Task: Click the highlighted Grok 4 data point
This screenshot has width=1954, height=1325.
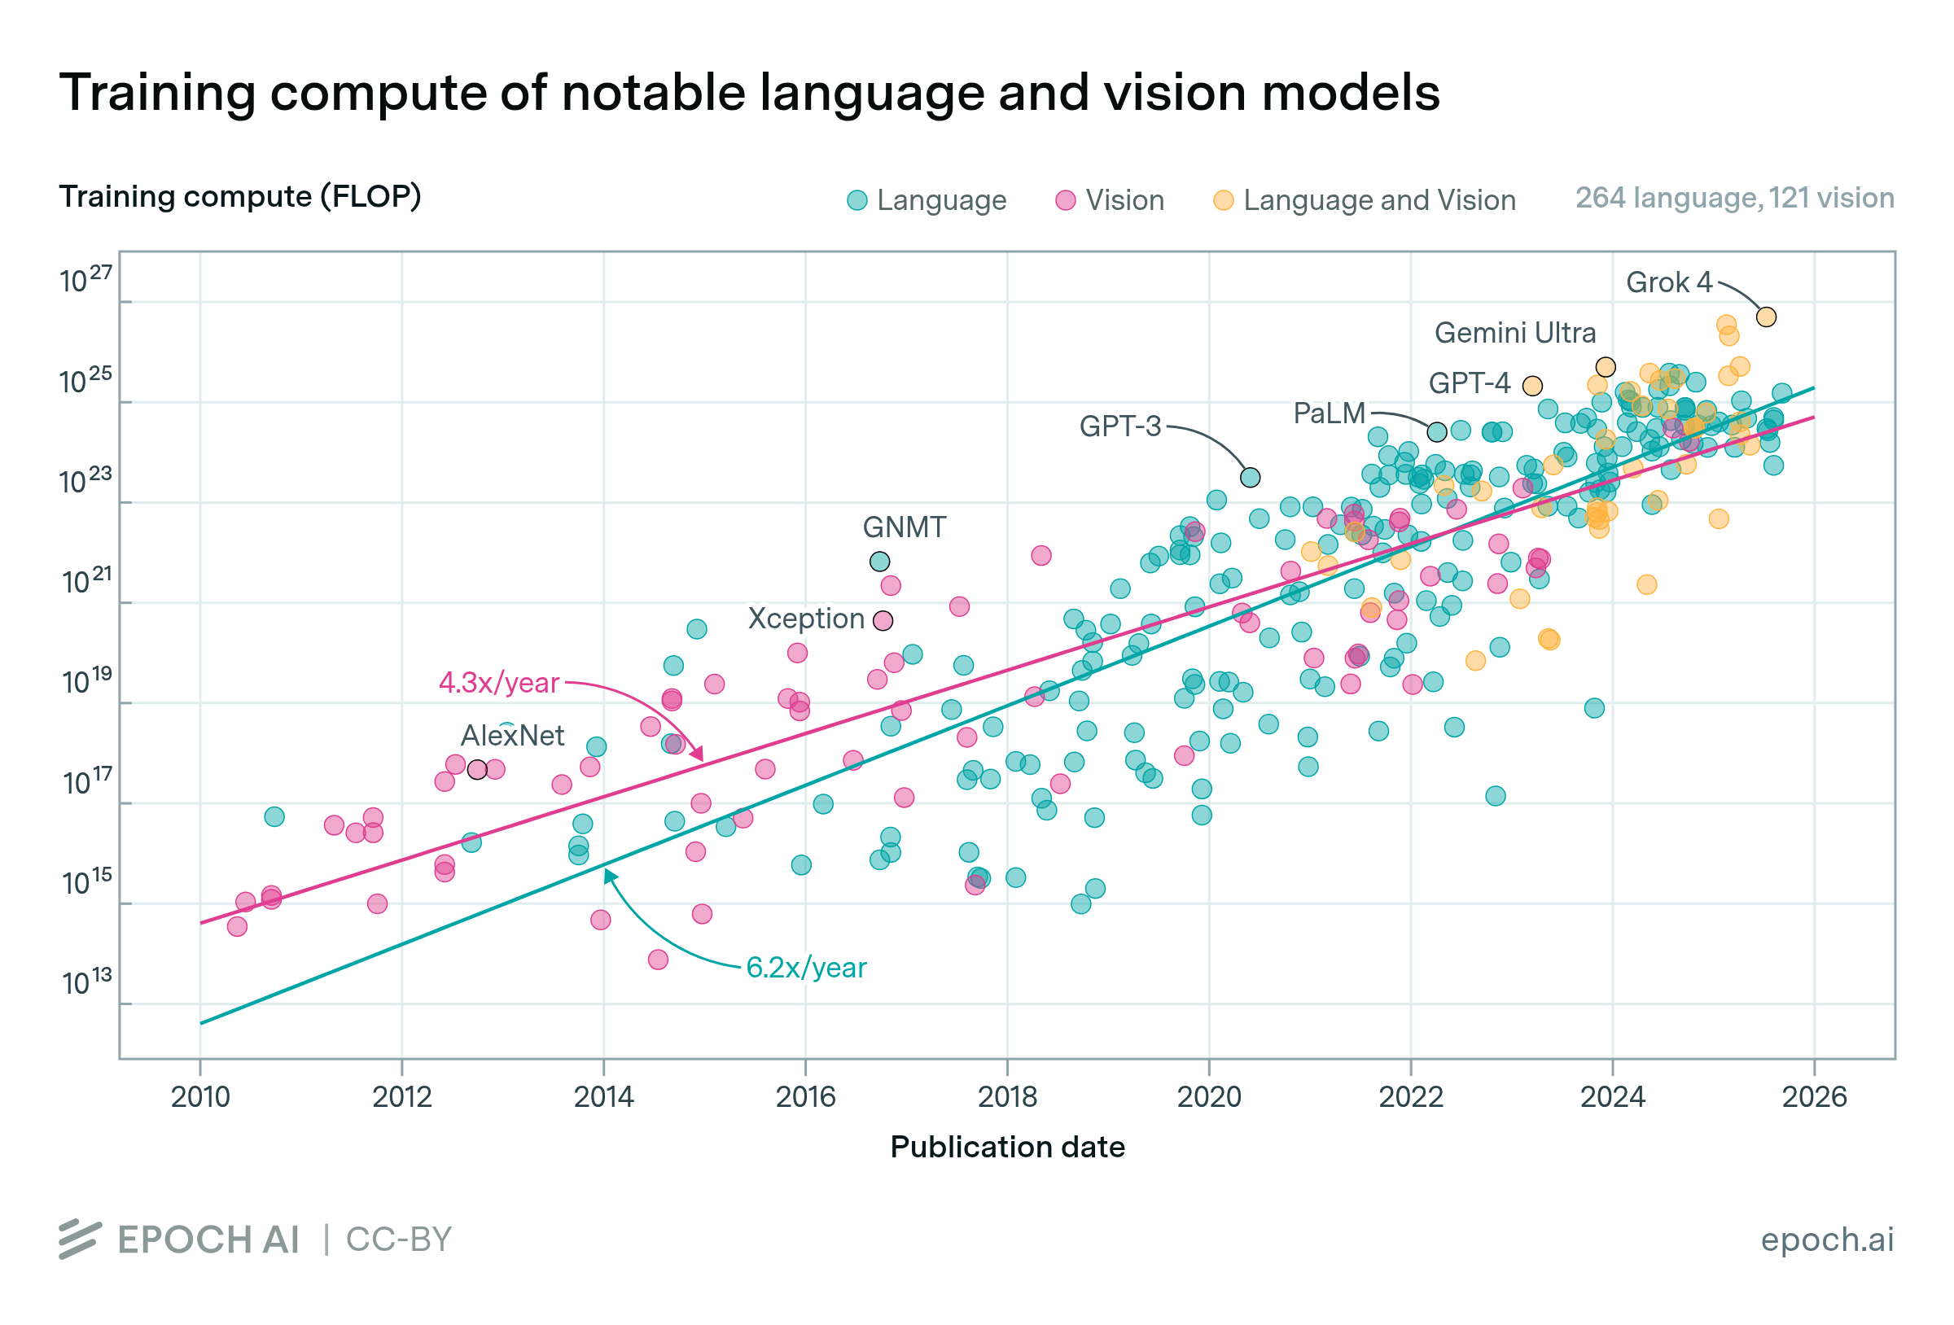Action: pyautogui.click(x=1766, y=317)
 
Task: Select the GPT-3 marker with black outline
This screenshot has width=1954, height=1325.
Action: pyautogui.click(x=1251, y=478)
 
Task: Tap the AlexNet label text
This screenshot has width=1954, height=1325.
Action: pyautogui.click(x=512, y=736)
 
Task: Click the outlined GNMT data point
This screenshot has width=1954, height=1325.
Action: pyautogui.click(x=879, y=562)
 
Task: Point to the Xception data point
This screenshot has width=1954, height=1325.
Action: pyautogui.click(x=883, y=620)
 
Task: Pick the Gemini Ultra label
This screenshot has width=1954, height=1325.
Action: pyautogui.click(x=1514, y=333)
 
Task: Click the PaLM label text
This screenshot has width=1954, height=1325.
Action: pyautogui.click(x=1329, y=413)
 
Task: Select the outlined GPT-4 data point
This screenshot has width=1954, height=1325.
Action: pyautogui.click(x=1532, y=386)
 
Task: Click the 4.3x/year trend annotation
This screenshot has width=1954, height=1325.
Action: pyautogui.click(x=498, y=683)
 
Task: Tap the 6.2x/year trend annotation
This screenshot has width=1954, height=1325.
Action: pyautogui.click(x=805, y=968)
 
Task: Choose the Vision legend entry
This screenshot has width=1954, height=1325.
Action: pyautogui.click(x=1110, y=200)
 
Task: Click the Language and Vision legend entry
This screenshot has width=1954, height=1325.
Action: pyautogui.click(x=1365, y=200)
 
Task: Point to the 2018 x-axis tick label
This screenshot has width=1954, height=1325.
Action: pyautogui.click(x=1007, y=1097)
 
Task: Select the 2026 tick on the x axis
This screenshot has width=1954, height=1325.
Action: pyautogui.click(x=1815, y=1097)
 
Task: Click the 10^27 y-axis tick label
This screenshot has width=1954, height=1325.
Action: pyautogui.click(x=85, y=281)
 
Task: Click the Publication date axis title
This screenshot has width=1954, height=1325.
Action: pyautogui.click(x=1007, y=1148)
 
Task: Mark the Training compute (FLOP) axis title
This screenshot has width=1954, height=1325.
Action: pyautogui.click(x=239, y=197)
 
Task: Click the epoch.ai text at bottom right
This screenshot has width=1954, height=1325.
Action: pyautogui.click(x=1827, y=1240)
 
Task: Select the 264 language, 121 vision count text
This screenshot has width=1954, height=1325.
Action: pyautogui.click(x=1733, y=199)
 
